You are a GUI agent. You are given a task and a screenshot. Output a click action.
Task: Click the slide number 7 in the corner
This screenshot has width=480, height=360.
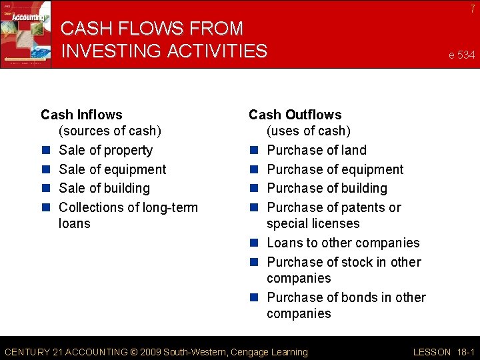click(472, 9)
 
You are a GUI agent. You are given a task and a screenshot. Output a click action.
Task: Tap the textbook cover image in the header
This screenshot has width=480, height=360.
click(25, 33)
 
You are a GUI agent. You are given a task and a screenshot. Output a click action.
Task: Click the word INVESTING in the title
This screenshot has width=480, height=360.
click(119, 51)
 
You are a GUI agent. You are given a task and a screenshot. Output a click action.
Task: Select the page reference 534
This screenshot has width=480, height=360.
click(465, 55)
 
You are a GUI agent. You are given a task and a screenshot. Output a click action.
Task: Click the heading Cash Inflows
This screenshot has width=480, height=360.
click(81, 115)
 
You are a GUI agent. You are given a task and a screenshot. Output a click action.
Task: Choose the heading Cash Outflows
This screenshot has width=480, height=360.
click(295, 115)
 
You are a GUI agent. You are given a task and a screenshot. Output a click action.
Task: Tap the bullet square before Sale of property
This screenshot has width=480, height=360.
click(46, 151)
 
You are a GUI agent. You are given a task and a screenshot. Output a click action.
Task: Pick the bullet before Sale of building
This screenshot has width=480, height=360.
click(46, 189)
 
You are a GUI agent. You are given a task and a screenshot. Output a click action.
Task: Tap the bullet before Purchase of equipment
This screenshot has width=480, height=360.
click(254, 170)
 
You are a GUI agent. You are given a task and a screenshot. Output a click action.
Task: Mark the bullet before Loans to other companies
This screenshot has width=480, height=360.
click(254, 243)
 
